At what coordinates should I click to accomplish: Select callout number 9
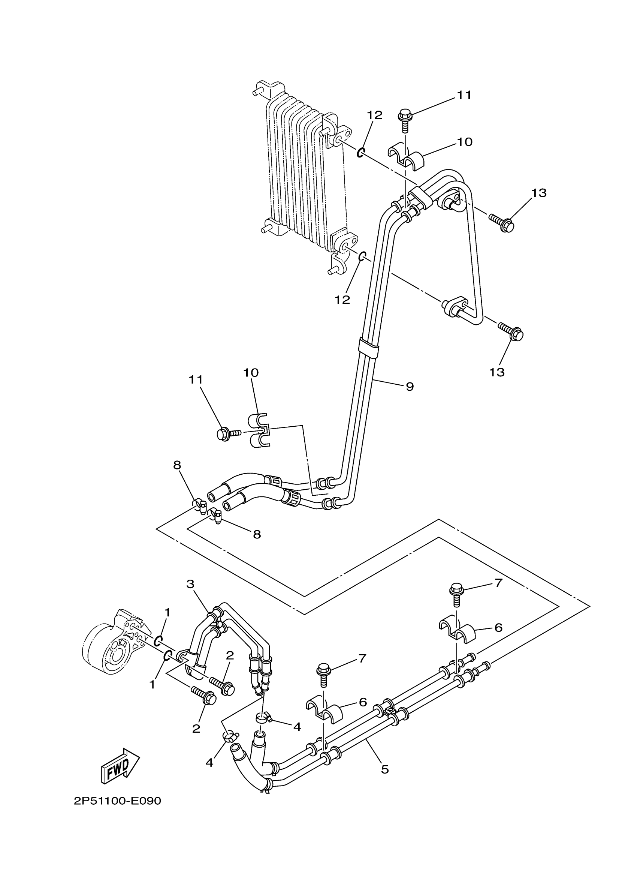[x=410, y=387]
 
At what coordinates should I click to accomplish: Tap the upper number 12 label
[x=375, y=115]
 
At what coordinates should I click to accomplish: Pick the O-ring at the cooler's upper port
[x=360, y=153]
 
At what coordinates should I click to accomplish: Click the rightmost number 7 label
[x=498, y=593]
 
